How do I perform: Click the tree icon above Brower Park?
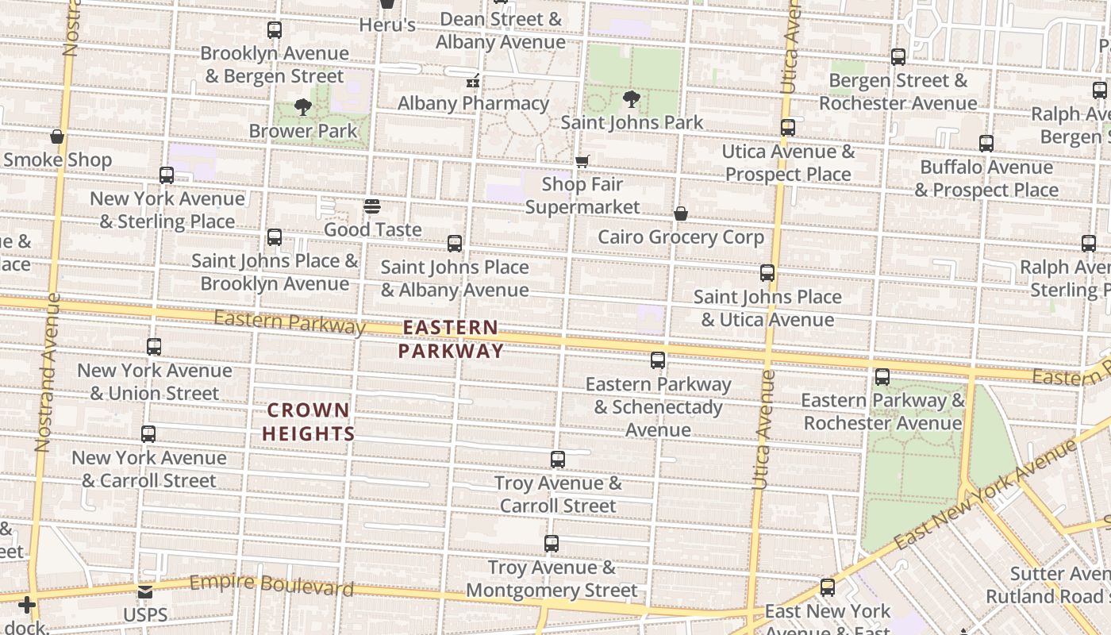(302, 106)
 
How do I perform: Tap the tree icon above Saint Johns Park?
(632, 99)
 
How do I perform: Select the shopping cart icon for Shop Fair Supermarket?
(582, 161)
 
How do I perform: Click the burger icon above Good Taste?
(372, 206)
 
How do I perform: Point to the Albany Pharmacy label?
(473, 103)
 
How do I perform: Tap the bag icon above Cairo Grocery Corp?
(680, 214)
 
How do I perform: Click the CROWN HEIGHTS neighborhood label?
(308, 421)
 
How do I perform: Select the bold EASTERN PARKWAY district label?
(451, 339)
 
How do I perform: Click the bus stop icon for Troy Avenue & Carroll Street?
(558, 460)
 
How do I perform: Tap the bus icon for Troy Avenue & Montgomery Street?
(552, 544)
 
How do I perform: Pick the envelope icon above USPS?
(145, 592)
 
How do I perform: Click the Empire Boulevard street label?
(271, 585)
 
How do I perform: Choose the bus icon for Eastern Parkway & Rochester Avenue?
(882, 377)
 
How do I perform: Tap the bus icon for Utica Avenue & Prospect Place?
(788, 128)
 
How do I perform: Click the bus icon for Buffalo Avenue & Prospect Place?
(986, 144)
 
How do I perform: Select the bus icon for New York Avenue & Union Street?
(154, 347)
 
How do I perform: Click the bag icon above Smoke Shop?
(57, 137)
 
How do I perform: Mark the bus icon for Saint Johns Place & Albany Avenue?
(455, 244)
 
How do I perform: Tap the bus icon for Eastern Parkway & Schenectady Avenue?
(658, 360)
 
